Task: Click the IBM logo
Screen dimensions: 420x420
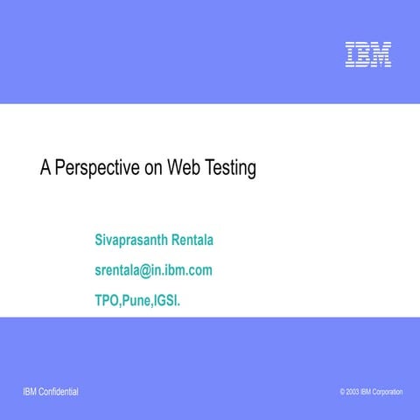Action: click(367, 54)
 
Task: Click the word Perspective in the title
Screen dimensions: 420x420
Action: click(96, 168)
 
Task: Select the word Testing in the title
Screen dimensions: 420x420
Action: click(230, 168)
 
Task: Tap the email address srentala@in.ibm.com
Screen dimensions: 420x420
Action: click(153, 269)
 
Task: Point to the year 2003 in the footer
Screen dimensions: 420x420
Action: click(352, 391)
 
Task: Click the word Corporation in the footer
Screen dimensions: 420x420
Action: click(388, 391)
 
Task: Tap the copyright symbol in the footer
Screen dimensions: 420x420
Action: click(342, 391)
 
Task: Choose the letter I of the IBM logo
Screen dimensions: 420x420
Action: click(349, 54)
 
